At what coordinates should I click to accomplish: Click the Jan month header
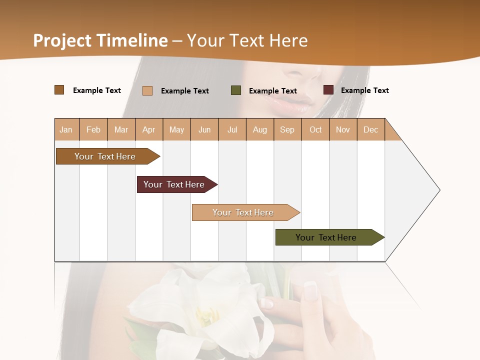66,129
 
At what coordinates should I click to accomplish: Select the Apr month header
149,129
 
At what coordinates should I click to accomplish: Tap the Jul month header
232,129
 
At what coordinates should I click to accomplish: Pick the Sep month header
287,129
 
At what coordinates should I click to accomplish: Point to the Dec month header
370,129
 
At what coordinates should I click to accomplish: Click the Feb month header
93,129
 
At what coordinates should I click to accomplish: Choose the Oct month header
315,129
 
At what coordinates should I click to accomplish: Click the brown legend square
59,90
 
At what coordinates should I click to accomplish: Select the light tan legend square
147,90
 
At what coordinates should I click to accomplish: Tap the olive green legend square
236,90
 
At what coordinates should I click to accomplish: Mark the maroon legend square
328,90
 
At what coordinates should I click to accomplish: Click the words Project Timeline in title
100,40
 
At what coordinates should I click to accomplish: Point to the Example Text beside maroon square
364,90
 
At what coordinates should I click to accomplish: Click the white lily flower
200,305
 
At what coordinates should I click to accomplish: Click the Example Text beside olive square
272,91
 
